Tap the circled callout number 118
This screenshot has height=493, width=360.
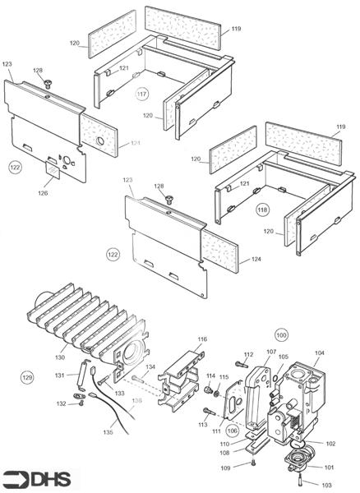click(263, 208)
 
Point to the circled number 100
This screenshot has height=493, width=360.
click(282, 336)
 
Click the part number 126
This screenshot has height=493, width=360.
click(43, 193)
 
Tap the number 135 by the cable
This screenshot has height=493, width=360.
click(108, 432)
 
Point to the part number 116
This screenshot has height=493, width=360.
click(202, 339)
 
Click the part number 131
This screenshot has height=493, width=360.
click(59, 376)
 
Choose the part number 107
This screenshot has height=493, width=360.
click(271, 352)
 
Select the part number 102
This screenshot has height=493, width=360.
click(330, 443)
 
